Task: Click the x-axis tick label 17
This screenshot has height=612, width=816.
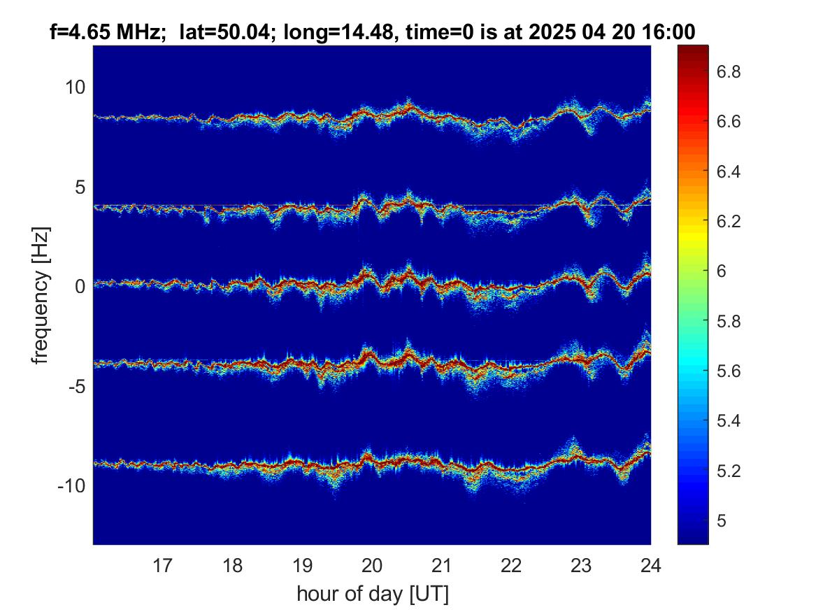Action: (162, 565)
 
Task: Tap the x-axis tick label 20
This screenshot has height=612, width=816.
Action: (371, 565)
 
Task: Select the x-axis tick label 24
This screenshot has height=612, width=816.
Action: (650, 565)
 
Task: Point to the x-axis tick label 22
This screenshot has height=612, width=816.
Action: (511, 565)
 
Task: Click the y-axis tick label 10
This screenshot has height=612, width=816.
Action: (75, 87)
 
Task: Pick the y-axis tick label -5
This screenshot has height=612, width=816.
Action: (76, 386)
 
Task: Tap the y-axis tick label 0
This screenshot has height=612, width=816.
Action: (80, 286)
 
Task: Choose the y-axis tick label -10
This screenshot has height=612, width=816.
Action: (71, 485)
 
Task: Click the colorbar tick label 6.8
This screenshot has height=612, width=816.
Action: (729, 71)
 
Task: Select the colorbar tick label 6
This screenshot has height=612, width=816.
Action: (722, 271)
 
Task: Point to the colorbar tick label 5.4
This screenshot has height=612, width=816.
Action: (729, 420)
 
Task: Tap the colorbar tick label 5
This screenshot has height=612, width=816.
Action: (722, 520)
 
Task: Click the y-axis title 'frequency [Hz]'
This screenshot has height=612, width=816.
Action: (41, 295)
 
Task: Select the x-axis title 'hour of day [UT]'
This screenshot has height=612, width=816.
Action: (372, 594)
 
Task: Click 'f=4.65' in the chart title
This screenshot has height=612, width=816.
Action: (80, 32)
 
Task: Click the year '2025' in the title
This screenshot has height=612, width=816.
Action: (552, 32)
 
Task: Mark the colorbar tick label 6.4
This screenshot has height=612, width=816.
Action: (729, 171)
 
